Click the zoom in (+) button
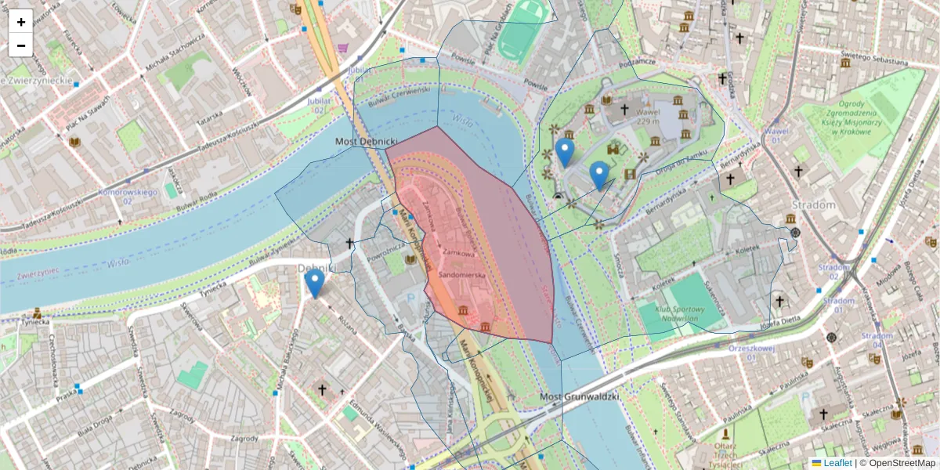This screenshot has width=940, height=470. [21, 22]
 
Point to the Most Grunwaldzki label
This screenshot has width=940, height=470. [580, 397]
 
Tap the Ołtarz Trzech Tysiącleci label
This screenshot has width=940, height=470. [726, 450]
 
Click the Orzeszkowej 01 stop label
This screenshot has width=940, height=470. [751, 352]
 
